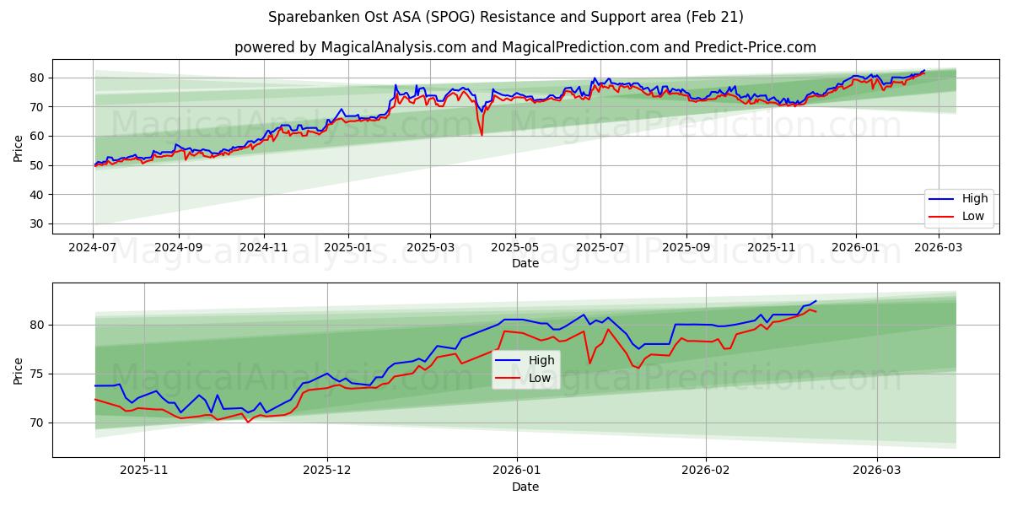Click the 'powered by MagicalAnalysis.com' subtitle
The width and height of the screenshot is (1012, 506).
525,47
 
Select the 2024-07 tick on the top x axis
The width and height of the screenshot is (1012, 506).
93,248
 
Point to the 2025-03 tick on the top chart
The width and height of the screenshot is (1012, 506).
430,248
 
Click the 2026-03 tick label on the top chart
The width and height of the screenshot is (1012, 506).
939,248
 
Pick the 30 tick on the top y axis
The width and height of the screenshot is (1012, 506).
37,223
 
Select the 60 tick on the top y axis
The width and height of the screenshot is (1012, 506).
37,136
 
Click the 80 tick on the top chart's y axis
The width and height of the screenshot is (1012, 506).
37,78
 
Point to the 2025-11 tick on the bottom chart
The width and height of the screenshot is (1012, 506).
144,471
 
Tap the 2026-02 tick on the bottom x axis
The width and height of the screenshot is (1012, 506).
705,471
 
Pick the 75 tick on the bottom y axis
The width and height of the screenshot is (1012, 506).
37,374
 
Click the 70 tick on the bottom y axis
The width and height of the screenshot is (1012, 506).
37,423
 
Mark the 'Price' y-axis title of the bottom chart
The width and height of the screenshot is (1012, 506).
19,370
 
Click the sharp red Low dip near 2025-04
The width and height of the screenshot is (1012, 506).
482,134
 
